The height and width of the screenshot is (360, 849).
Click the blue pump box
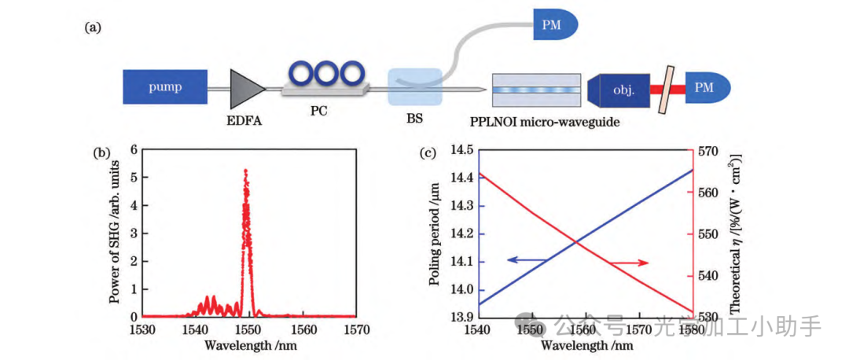click(165, 87)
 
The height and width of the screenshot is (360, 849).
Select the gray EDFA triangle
click(246, 88)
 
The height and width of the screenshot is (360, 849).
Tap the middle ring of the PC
click(325, 75)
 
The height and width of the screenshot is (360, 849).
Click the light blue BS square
click(414, 88)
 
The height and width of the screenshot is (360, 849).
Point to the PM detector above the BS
click(556, 24)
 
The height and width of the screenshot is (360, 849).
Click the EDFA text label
click(246, 120)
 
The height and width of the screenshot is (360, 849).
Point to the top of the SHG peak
click(245, 171)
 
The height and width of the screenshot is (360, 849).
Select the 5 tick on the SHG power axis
click(134, 177)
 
